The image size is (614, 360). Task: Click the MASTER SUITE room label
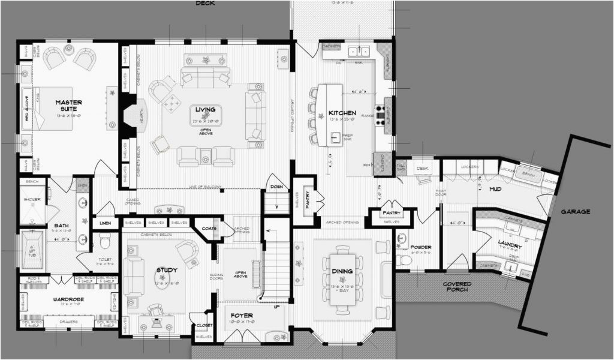tap(68, 106)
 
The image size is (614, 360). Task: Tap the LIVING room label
tap(205, 109)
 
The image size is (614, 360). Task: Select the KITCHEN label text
tap(342, 113)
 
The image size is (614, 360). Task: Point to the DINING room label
tap(342, 271)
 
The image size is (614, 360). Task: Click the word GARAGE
tap(576, 211)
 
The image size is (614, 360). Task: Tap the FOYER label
tap(240, 315)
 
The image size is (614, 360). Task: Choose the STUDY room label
tap(167, 270)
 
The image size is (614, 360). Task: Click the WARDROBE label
tap(68, 299)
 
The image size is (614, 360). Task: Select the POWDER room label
tap(421, 247)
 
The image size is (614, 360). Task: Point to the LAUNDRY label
tap(510, 246)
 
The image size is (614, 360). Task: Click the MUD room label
tap(495, 188)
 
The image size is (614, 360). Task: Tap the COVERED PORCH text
tap(457, 287)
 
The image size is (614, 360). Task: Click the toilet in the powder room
tap(404, 260)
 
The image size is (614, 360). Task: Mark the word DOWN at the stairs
tap(276, 187)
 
